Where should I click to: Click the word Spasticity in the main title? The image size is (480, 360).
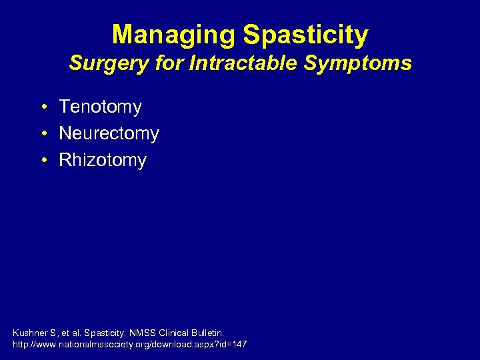pos(311,35)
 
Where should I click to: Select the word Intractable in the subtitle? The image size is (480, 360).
pos(222,64)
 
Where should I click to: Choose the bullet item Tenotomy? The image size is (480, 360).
pos(100,107)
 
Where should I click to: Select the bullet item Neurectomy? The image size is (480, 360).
pos(109,133)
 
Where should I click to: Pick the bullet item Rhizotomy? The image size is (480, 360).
pos(102,160)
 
